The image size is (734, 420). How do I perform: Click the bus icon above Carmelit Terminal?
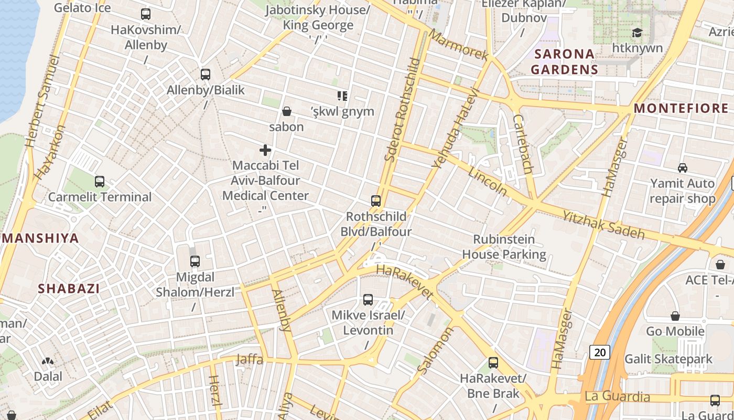click(100, 182)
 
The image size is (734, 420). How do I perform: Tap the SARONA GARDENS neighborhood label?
click(564, 61)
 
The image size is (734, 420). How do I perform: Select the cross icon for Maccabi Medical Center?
click(265, 150)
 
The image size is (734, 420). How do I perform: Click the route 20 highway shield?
click(600, 352)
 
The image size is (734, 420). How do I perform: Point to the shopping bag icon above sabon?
click(287, 111)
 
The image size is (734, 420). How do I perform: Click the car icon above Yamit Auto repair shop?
click(682, 168)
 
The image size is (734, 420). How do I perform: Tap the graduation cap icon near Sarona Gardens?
click(637, 33)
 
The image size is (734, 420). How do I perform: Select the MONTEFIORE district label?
click(681, 109)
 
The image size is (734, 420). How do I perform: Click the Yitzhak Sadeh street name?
click(603, 224)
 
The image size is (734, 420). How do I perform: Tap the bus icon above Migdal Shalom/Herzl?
click(195, 261)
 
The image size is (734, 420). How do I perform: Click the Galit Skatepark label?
click(668, 359)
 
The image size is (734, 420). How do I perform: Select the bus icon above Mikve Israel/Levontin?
click(368, 300)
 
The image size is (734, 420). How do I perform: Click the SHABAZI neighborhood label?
click(69, 288)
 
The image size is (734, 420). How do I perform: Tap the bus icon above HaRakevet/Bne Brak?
click(493, 362)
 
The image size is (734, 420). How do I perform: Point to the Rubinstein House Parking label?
click(504, 247)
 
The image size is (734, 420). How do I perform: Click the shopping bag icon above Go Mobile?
click(675, 316)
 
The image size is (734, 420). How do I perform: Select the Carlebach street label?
click(523, 144)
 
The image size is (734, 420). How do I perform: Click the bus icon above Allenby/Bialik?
click(206, 75)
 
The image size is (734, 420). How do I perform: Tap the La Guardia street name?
click(617, 396)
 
